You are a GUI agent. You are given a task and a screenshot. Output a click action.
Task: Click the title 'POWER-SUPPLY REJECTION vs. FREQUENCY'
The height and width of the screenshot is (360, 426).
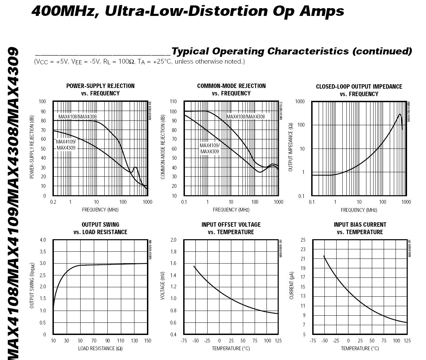tap(100, 90)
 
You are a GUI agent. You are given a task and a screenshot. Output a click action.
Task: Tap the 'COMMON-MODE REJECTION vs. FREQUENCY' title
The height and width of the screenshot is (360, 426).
tap(231, 90)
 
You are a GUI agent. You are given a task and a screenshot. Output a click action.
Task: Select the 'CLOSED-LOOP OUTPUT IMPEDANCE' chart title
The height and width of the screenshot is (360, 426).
tap(359, 87)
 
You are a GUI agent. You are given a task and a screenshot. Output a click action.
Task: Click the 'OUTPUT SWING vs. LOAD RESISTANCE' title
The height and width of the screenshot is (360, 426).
tap(100, 228)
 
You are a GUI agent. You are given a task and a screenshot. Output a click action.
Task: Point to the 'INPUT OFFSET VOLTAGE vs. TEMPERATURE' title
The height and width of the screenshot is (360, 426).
tap(231, 228)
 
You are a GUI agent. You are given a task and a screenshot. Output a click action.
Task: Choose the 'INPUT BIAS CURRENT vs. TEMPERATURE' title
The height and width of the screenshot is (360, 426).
tap(360, 228)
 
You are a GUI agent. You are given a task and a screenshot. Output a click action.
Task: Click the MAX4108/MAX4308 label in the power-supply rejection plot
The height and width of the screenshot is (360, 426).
tap(78, 117)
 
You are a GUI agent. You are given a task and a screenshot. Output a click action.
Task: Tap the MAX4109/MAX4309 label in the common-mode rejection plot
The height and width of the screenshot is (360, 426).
tap(210, 149)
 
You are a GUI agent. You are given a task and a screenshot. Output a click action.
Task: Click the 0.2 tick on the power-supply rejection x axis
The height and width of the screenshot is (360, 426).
tap(53, 202)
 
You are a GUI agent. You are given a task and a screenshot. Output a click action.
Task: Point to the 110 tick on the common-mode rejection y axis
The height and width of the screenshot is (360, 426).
tap(173, 102)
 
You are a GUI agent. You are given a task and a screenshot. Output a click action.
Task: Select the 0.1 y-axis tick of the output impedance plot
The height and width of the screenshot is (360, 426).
tap(301, 196)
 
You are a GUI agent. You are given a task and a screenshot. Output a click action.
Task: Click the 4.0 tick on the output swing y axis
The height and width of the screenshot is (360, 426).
tap(43, 240)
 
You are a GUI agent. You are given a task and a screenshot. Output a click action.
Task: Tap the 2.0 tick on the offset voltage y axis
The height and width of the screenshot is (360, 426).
tap(173, 240)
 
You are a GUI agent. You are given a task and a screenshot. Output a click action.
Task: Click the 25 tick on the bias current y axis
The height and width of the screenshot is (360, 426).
tap(303, 240)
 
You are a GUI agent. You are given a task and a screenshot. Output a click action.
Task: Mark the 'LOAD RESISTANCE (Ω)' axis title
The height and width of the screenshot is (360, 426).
tap(100, 348)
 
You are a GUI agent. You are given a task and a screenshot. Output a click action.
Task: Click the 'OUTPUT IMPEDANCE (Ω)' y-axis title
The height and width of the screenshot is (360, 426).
tap(291, 147)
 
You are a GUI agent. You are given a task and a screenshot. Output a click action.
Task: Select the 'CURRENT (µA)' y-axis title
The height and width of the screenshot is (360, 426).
tap(291, 286)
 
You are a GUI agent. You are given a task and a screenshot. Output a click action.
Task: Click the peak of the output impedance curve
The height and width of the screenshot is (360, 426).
tap(400, 114)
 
